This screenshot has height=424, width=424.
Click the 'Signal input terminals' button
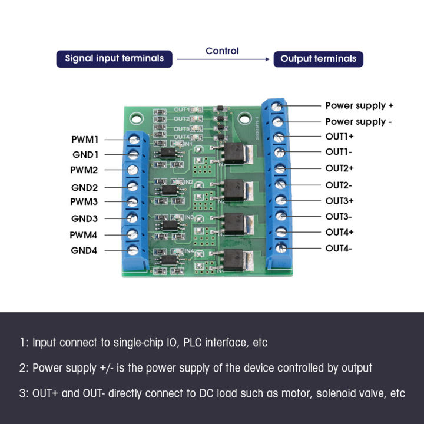pos(114,59)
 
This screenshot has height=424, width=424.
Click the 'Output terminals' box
pos(318,59)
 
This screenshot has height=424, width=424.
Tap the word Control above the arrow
pos(222,51)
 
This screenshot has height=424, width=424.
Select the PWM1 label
pos(85,140)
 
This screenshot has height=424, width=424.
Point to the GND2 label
pos(85,187)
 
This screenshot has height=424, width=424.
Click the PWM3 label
pos(85,202)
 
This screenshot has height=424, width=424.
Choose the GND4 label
pos(85,250)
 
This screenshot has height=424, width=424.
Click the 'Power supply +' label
pos(359,105)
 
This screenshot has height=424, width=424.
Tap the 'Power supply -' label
pos(359,122)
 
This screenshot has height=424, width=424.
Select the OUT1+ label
pos(339,137)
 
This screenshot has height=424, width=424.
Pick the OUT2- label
pos(339,184)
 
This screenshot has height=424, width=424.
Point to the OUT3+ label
pos(339,200)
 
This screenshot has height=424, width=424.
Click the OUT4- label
pos(339,248)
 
